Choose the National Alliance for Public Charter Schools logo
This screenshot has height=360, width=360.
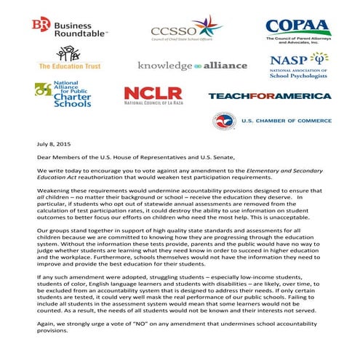coord(62,95)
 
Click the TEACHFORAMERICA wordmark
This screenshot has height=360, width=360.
coord(269,95)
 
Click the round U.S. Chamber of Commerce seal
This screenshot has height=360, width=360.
coord(223,121)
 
